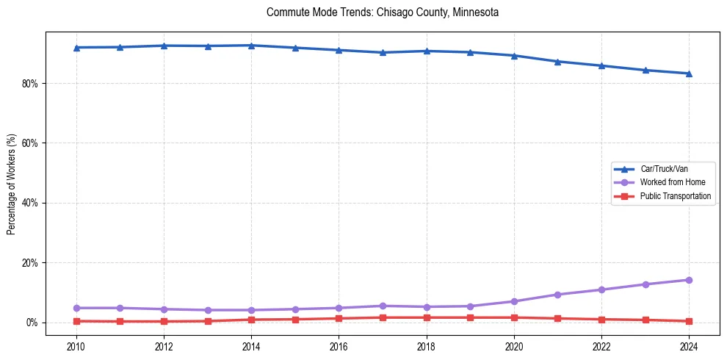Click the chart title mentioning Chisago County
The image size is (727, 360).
tap(383, 12)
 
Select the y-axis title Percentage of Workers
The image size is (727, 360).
tap(11, 184)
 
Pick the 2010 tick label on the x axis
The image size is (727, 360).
tap(76, 346)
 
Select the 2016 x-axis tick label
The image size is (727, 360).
tap(339, 346)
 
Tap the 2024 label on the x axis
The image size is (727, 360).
tap(689, 346)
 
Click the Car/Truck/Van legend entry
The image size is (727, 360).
tap(664, 169)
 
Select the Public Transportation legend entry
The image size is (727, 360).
tap(675, 196)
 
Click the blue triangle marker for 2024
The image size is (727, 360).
tap(689, 73)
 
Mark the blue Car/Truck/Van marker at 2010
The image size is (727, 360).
tap(76, 48)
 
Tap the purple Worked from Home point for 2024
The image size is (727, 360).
tap(689, 280)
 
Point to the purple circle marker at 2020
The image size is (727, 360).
tap(514, 301)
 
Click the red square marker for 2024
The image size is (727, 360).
tap(689, 321)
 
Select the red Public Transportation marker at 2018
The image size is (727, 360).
tap(427, 317)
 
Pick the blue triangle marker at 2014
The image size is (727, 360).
tap(251, 46)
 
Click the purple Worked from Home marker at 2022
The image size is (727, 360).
tap(601, 289)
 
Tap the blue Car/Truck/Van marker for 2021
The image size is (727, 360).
tap(557, 62)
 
